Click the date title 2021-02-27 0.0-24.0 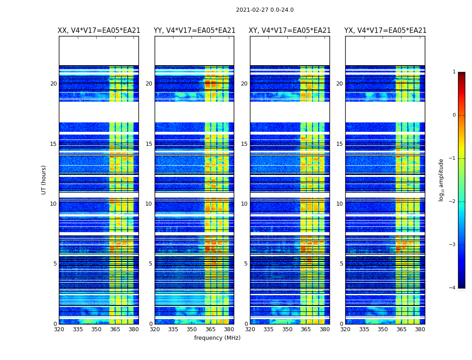point(265,10)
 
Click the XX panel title point(99,31)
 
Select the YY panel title point(194,31)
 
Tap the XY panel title point(290,31)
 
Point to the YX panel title point(385,31)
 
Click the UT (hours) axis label point(44,180)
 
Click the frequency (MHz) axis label point(217,338)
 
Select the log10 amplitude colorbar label point(441,180)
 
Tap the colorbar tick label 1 point(454,72)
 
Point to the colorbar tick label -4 point(453,288)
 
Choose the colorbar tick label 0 point(454,115)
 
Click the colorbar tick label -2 point(453,202)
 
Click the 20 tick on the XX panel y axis point(53,84)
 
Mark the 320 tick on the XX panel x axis point(59,329)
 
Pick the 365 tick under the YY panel point(210,329)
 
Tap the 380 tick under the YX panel point(420,329)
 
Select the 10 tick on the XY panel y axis point(245,204)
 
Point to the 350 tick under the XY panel point(287,329)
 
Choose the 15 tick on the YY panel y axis point(149,144)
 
